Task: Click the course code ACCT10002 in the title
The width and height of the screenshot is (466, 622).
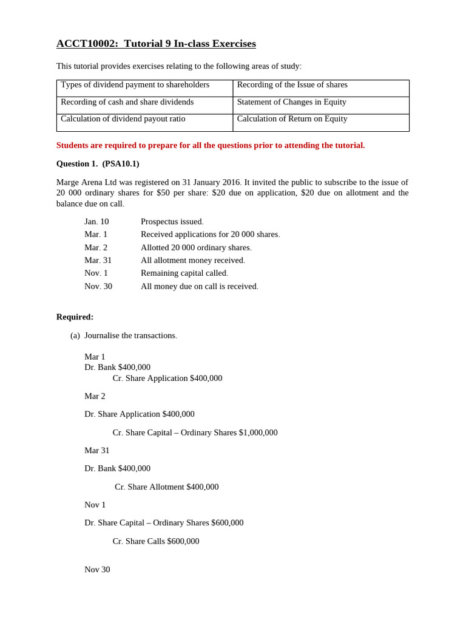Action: tap(87, 44)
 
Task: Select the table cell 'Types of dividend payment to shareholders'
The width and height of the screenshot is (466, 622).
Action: tap(135, 85)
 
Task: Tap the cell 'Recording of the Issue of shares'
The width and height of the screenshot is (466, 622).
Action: tap(292, 85)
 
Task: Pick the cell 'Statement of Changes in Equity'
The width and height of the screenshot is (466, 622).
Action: tap(291, 102)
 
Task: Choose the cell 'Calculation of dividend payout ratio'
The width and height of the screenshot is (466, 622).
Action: tap(123, 119)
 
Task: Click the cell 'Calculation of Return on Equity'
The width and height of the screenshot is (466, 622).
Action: tap(292, 119)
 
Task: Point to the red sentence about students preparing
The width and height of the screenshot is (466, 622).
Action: tap(211, 145)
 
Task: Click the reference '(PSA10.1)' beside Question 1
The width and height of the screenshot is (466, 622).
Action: tap(121, 164)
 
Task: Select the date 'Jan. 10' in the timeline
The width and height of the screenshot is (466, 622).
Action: tap(96, 222)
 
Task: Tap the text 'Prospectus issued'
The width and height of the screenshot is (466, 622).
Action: tap(172, 222)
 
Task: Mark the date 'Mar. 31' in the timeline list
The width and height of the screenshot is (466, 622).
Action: tap(98, 261)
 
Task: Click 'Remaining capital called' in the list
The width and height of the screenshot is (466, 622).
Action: tap(184, 273)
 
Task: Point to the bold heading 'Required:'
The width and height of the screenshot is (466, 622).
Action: tap(75, 317)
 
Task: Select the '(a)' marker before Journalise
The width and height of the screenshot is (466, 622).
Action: tap(75, 335)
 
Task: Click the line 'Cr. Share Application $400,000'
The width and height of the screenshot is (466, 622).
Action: tap(167, 378)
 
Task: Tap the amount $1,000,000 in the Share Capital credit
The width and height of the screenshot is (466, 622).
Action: tap(258, 432)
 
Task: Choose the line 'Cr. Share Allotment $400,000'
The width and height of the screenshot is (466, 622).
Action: tap(166, 487)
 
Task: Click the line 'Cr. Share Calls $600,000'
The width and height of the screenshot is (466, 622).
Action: tap(155, 541)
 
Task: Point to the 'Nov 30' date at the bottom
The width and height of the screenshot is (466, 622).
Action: tap(97, 570)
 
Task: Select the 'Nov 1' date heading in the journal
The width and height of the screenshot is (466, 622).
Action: tap(95, 505)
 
